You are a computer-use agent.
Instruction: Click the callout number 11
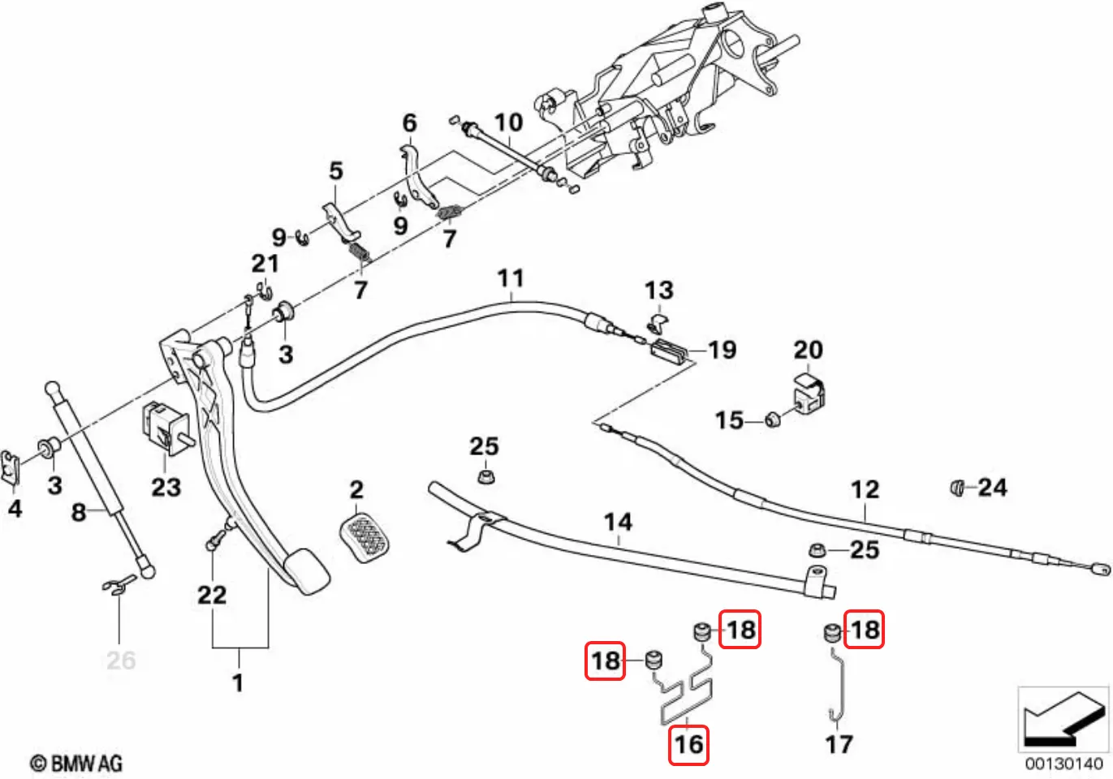pyautogui.click(x=511, y=278)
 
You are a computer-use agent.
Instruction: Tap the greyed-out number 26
pyautogui.click(x=121, y=661)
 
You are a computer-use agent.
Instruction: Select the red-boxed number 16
pyautogui.click(x=688, y=744)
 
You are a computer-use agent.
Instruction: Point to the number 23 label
pyautogui.click(x=166, y=487)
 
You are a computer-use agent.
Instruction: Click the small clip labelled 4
pyautogui.click(x=10, y=467)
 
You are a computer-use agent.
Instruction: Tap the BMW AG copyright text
pyautogui.click(x=76, y=763)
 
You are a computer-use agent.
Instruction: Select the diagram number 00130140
pyautogui.click(x=1063, y=763)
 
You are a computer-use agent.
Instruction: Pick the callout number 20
pyautogui.click(x=808, y=350)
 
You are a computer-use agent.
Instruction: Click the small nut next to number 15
pyautogui.click(x=772, y=420)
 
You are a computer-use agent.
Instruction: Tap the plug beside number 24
pyautogui.click(x=957, y=488)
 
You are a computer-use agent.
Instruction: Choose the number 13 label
pyautogui.click(x=659, y=291)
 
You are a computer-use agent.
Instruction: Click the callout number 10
pyautogui.click(x=509, y=123)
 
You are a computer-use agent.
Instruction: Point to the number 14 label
pyautogui.click(x=618, y=522)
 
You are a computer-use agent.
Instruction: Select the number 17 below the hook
pyautogui.click(x=839, y=744)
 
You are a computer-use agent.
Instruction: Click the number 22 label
pyautogui.click(x=212, y=595)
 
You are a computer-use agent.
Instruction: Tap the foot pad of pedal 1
pyautogui.click(x=304, y=571)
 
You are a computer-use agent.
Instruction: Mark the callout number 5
pyautogui.click(x=336, y=171)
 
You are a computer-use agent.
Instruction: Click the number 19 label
pyautogui.click(x=722, y=350)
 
